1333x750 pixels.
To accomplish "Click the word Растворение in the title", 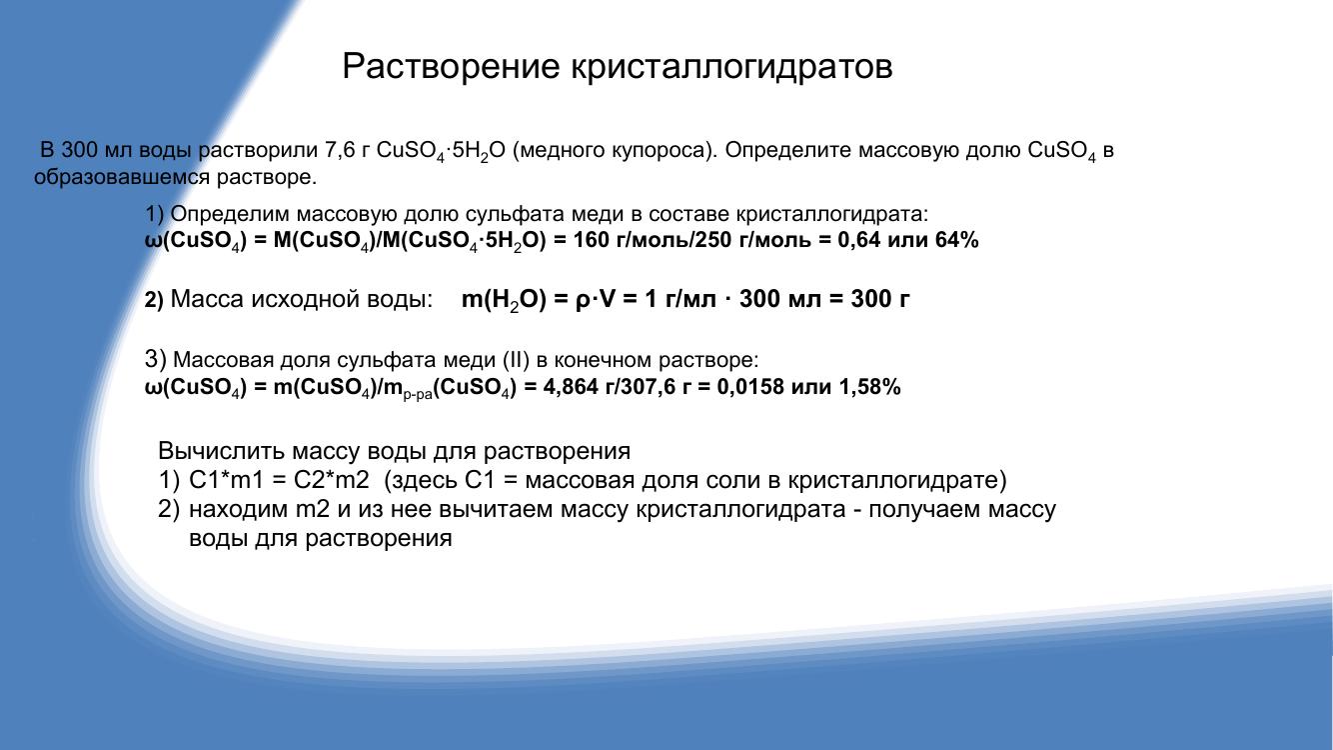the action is click(x=451, y=67).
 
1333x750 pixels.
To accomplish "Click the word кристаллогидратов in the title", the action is click(x=732, y=67).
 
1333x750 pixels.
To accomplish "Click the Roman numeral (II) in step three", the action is click(x=517, y=360).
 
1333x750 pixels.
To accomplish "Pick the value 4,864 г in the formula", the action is click(x=571, y=387).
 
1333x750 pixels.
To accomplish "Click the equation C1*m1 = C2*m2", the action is click(x=279, y=480).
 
